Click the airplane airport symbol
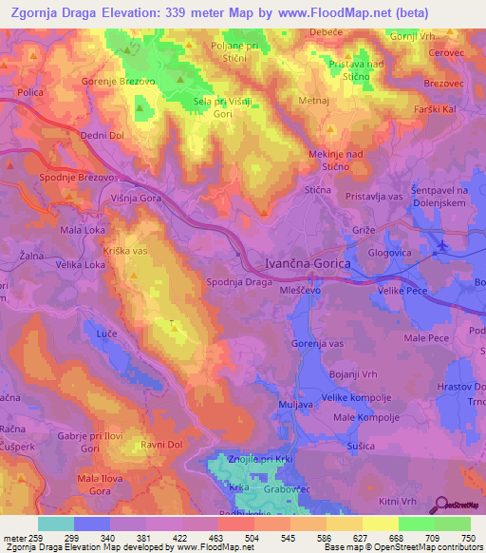coord(440,246)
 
